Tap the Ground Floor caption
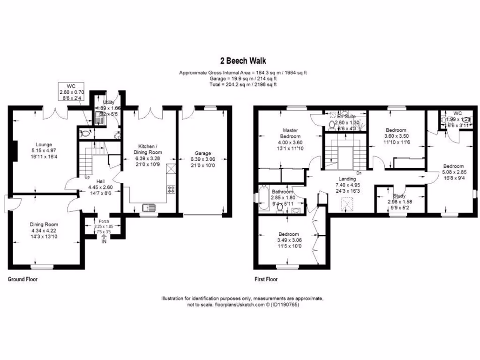22,279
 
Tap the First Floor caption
266,279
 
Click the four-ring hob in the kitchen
171,189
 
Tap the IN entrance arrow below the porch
104,239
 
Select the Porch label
103,221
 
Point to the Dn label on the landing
359,173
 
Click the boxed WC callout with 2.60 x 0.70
71,92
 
